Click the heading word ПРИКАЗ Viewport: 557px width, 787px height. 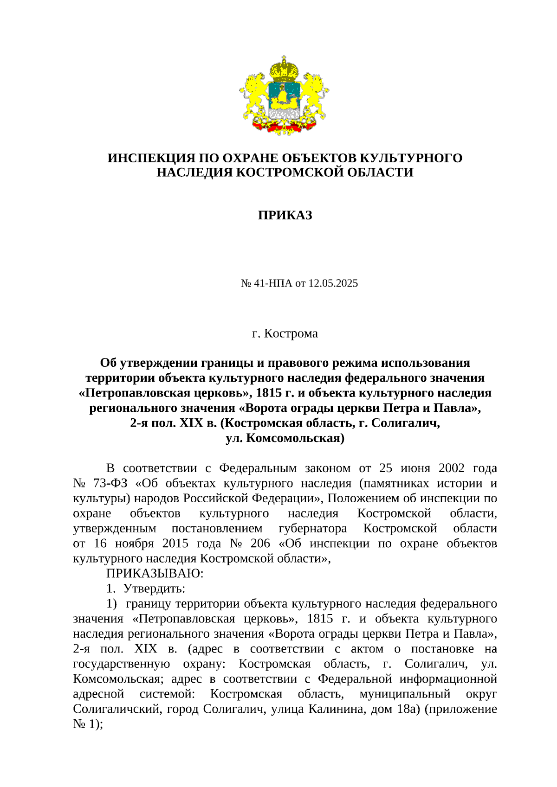(285, 215)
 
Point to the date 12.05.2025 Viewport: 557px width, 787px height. (333, 283)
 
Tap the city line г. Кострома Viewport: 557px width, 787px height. (285, 333)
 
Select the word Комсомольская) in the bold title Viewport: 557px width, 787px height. (295, 438)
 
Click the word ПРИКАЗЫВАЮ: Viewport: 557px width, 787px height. (155, 574)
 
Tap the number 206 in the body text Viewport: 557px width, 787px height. (260, 544)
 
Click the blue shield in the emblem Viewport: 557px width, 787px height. (284, 96)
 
